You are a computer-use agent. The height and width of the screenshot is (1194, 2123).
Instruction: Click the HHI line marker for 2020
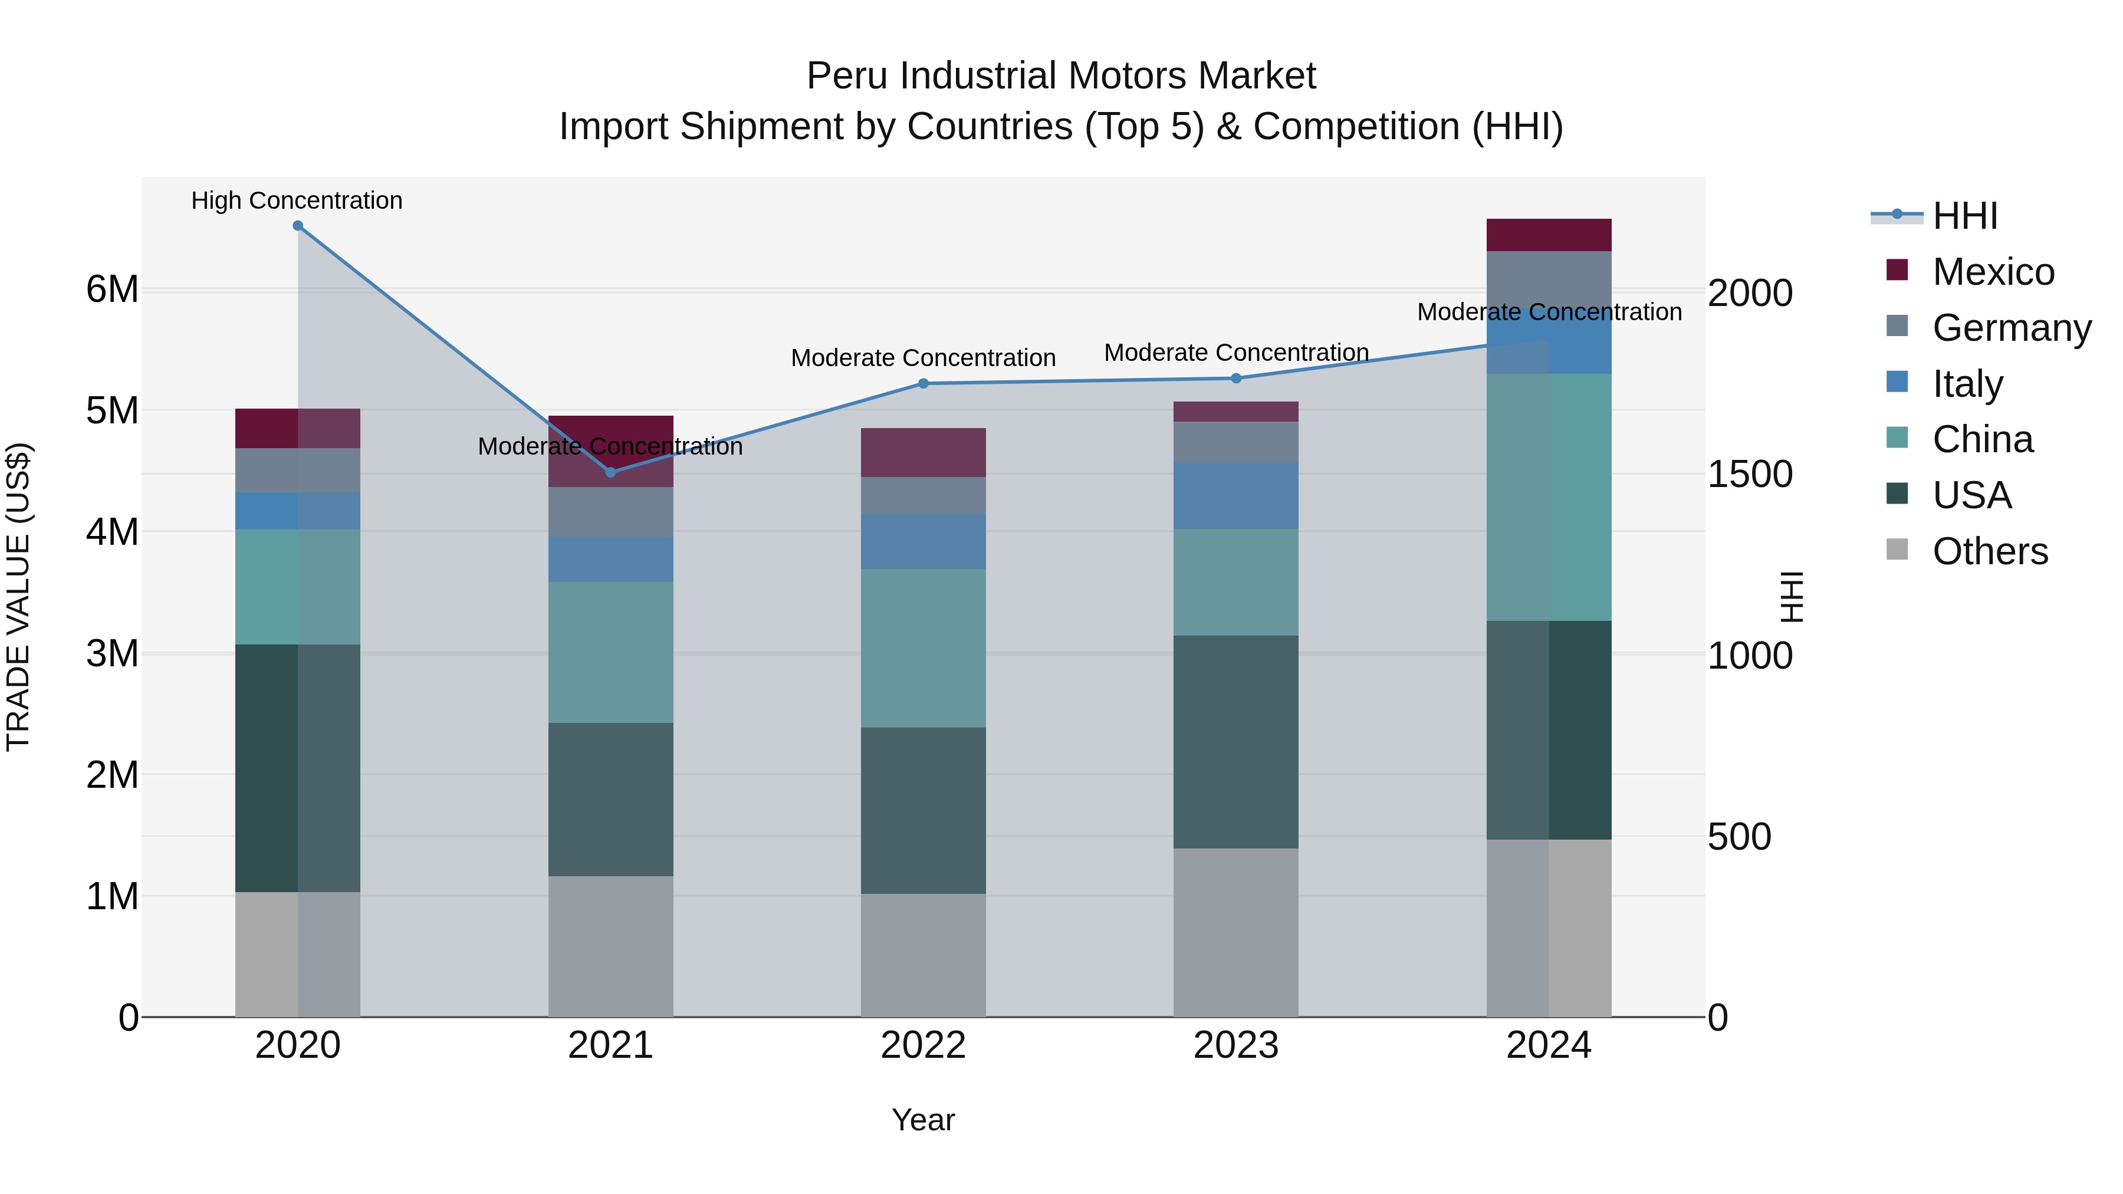pyautogui.click(x=298, y=226)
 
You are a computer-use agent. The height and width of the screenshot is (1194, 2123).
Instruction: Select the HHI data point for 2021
pyautogui.click(x=611, y=472)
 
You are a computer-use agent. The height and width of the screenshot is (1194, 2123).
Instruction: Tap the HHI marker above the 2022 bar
pyautogui.click(x=923, y=383)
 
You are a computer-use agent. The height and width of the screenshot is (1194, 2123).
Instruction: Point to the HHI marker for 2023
pyautogui.click(x=1235, y=378)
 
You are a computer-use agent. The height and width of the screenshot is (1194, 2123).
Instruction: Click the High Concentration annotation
pyautogui.click(x=297, y=200)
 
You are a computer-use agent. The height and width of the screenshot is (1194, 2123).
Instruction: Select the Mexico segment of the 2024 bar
pyautogui.click(x=1549, y=235)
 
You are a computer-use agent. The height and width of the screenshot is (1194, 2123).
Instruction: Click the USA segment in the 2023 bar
pyautogui.click(x=1235, y=742)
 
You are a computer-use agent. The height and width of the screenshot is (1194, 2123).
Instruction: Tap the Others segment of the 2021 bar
pyautogui.click(x=611, y=946)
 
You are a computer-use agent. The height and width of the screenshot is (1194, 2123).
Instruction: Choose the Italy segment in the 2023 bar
pyautogui.click(x=1235, y=495)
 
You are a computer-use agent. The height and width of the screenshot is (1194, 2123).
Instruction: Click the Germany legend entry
pyautogui.click(x=2011, y=327)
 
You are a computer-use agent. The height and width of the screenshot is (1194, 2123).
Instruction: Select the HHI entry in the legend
pyautogui.click(x=1965, y=216)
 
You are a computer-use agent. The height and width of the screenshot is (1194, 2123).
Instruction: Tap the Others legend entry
pyautogui.click(x=1990, y=551)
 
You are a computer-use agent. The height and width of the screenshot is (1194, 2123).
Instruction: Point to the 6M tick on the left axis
pyautogui.click(x=112, y=290)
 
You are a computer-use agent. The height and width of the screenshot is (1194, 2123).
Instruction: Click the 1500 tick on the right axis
pyautogui.click(x=1750, y=474)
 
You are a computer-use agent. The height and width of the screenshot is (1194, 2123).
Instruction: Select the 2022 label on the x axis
pyautogui.click(x=923, y=1045)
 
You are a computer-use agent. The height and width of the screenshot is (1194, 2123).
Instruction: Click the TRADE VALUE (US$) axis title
pyautogui.click(x=18, y=597)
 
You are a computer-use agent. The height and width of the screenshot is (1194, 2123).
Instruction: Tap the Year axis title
pyautogui.click(x=923, y=1120)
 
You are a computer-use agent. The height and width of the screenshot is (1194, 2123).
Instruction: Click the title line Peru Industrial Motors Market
pyautogui.click(x=1061, y=76)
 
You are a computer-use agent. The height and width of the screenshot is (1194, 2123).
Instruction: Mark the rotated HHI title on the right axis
pyautogui.click(x=1791, y=597)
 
